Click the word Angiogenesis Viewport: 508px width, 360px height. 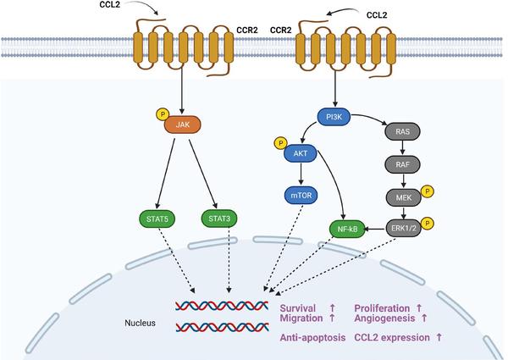pos(386,318)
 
